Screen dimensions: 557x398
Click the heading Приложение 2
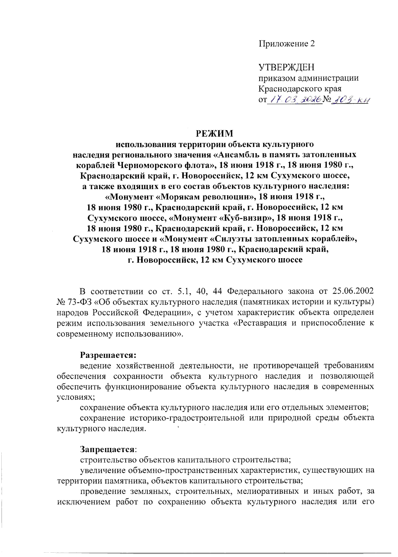pos(287,44)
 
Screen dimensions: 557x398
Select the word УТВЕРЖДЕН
pos(287,68)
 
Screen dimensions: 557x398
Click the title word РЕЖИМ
pos(214,133)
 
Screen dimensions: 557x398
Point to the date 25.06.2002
pos(353,291)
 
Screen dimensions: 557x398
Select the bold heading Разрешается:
pos(108,355)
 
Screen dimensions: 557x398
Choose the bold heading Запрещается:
pos(108,449)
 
